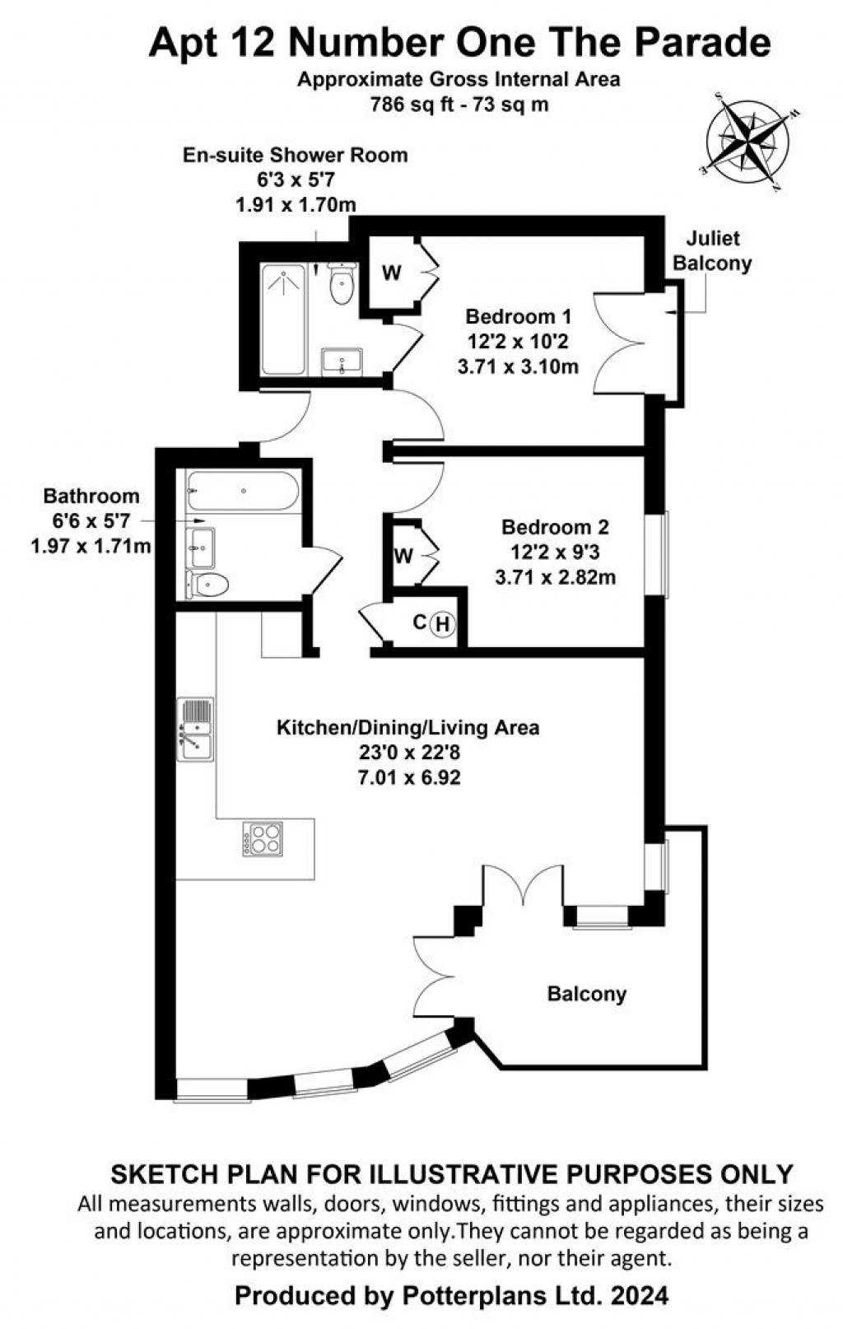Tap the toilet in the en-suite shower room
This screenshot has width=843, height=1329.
pyautogui.click(x=341, y=284)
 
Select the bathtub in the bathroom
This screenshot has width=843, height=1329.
pyautogui.click(x=242, y=492)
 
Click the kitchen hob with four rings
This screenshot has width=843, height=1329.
pyautogui.click(x=263, y=839)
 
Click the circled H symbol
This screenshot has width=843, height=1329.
pyautogui.click(x=443, y=624)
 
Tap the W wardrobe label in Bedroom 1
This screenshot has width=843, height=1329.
pyautogui.click(x=392, y=273)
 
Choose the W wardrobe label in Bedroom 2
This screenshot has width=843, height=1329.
pyautogui.click(x=403, y=556)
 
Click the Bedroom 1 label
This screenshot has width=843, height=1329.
pyautogui.click(x=518, y=316)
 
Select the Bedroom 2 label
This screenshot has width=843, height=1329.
pyautogui.click(x=556, y=527)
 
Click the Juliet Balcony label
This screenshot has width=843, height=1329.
pyautogui.click(x=712, y=250)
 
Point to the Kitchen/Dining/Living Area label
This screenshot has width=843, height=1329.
pyautogui.click(x=408, y=728)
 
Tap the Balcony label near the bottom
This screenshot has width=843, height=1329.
pyautogui.click(x=587, y=994)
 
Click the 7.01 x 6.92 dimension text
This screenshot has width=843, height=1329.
pyautogui.click(x=408, y=776)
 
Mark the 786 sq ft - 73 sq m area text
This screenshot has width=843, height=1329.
pyautogui.click(x=459, y=105)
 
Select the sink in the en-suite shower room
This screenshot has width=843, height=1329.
pyautogui.click(x=342, y=361)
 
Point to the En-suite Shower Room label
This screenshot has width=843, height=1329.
pyautogui.click(x=295, y=155)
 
